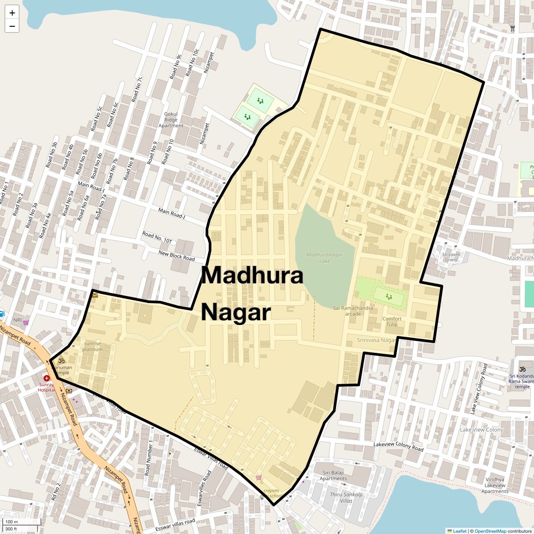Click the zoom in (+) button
[x=12, y=13]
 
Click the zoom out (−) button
[x=12, y=26]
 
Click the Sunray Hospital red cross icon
[x=46, y=378]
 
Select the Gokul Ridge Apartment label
[x=171, y=120]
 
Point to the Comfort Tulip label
[x=392, y=321]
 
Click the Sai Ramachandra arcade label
[x=353, y=311]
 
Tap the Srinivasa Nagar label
[x=376, y=340]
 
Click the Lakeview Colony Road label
[x=398, y=446]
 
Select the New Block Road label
[x=177, y=256]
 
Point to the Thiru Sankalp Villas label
[x=346, y=498]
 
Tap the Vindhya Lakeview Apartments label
[x=494, y=485]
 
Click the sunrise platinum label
[x=92, y=346]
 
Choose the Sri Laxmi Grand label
[x=451, y=257]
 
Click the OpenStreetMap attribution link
[x=490, y=531]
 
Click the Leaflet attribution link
[x=459, y=531]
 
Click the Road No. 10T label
[x=157, y=238]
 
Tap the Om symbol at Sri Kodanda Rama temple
[x=522, y=369]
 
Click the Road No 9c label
[x=176, y=66]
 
